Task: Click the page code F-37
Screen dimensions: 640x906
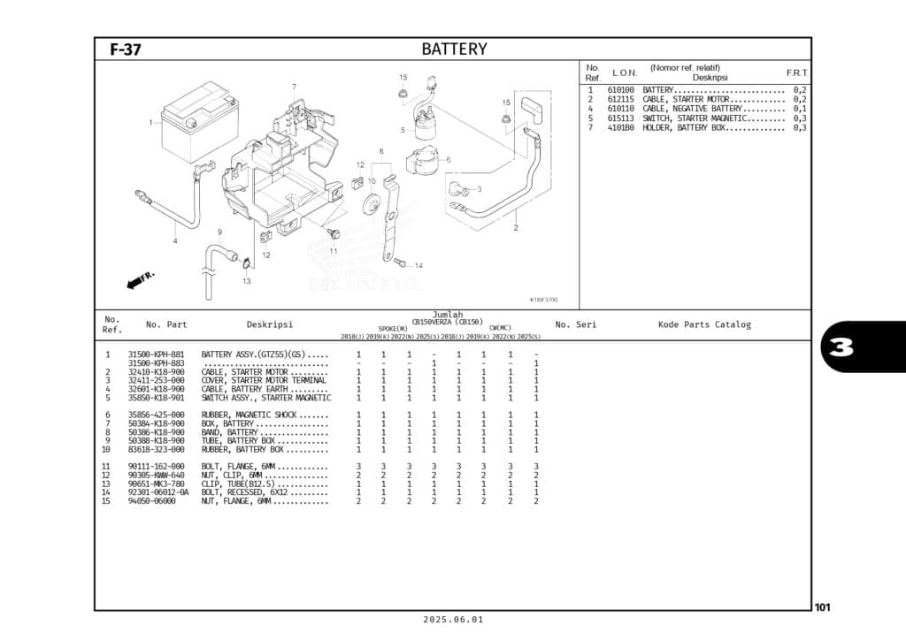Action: tap(125, 50)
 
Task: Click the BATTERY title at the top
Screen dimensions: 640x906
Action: tap(454, 49)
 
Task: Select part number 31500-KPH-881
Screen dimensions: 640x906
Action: tap(157, 354)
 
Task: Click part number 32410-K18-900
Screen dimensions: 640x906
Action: tap(157, 372)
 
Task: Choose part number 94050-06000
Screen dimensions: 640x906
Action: tap(151, 501)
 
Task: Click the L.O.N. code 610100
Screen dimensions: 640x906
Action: tap(620, 90)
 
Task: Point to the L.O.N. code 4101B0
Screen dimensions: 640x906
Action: tap(620, 127)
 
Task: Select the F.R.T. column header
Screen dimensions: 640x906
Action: tap(796, 72)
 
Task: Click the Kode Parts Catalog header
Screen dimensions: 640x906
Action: tap(703, 324)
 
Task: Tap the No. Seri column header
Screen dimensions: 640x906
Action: tap(575, 324)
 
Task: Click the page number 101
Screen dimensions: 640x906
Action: tap(822, 607)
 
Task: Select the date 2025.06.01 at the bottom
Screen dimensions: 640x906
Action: tap(453, 620)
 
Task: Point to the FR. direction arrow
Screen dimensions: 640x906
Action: tap(140, 280)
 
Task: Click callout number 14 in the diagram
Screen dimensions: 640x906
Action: tap(418, 265)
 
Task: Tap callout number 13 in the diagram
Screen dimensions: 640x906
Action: tap(246, 281)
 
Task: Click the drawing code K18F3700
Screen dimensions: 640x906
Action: tap(543, 300)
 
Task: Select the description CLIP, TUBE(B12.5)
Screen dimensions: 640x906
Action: tap(240, 484)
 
